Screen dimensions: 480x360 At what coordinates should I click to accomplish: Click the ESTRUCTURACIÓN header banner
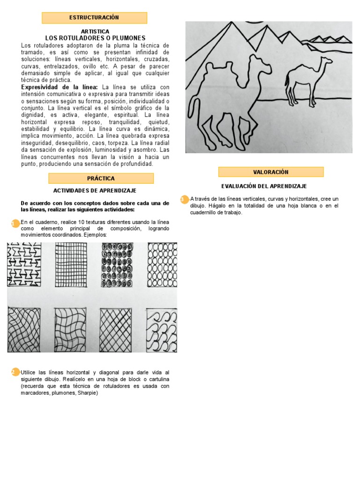pyautogui.click(x=94, y=18)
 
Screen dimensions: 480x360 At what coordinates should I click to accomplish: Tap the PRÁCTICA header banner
pyautogui.click(x=101, y=178)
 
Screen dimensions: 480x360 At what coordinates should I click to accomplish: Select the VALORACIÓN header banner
pyautogui.click(x=270, y=172)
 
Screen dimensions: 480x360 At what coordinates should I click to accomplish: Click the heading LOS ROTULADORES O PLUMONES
pyautogui.click(x=95, y=38)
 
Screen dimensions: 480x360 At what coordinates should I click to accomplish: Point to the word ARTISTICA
pyautogui.click(x=95, y=31)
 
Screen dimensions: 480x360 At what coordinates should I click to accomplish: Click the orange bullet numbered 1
pyautogui.click(x=15, y=223)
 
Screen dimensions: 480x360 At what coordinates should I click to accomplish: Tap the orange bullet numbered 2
pyautogui.click(x=15, y=372)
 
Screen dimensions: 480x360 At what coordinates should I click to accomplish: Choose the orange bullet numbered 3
pyautogui.click(x=184, y=200)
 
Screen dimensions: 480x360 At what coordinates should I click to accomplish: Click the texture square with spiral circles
pyautogui.click(x=116, y=265)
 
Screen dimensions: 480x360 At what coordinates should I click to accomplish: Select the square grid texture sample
pyautogui.click(x=71, y=265)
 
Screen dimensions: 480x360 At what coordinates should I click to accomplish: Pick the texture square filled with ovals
pyautogui.click(x=162, y=265)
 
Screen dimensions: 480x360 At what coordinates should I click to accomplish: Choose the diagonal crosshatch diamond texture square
pyautogui.click(x=116, y=330)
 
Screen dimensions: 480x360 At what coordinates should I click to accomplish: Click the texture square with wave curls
pyautogui.click(x=162, y=330)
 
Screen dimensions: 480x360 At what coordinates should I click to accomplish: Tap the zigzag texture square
pyautogui.click(x=24, y=265)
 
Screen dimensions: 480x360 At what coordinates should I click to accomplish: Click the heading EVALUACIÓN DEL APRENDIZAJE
pyautogui.click(x=264, y=187)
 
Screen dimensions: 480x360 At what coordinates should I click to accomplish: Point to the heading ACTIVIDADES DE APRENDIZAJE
pyautogui.click(x=95, y=191)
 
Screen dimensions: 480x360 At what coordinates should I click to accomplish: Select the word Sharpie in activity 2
pyautogui.click(x=86, y=393)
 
